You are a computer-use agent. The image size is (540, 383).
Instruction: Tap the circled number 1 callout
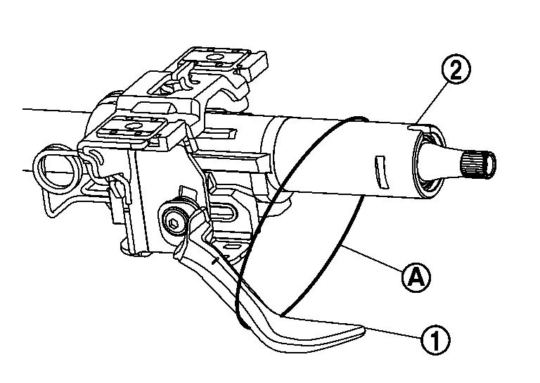435,340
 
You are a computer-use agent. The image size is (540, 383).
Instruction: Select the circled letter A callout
416,277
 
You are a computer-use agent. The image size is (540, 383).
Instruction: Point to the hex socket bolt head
173,220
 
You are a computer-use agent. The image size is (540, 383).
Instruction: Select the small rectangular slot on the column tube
380,171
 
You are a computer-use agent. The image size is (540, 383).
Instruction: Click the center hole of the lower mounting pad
132,125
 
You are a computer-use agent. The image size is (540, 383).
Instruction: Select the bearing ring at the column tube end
429,162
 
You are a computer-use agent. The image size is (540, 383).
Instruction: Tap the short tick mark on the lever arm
214,261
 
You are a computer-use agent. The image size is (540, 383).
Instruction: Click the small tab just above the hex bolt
185,193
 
